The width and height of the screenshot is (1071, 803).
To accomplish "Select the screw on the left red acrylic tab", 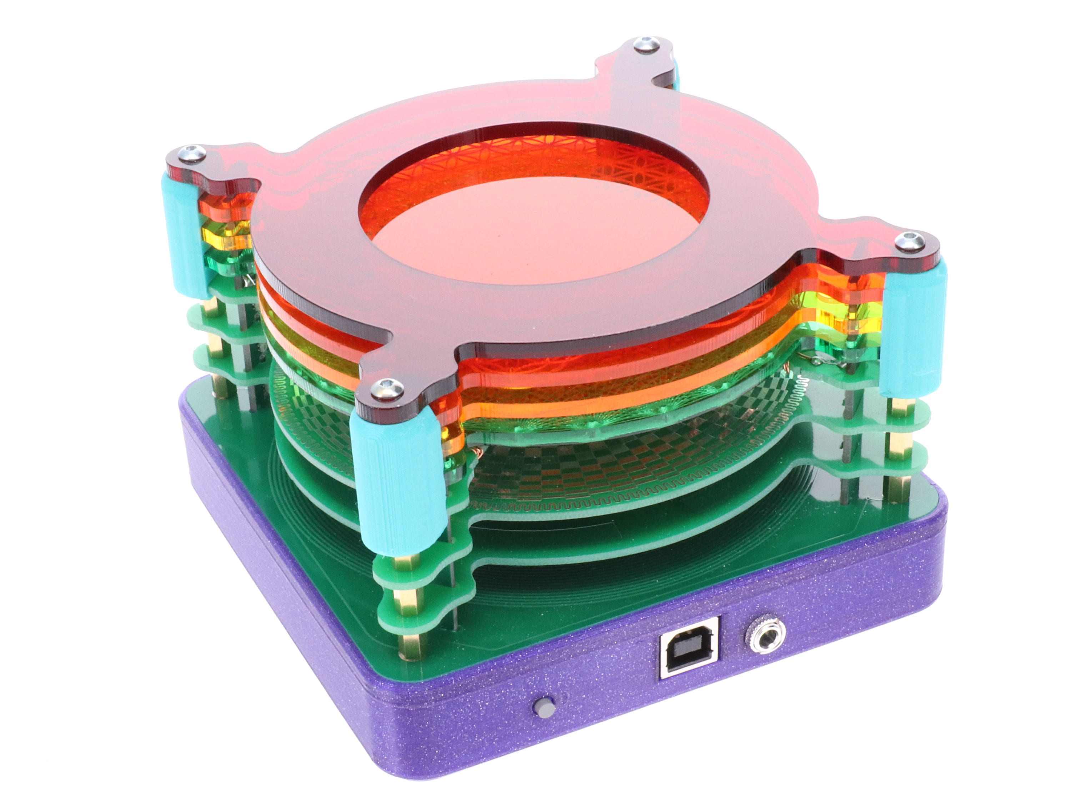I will pyautogui.click(x=192, y=152).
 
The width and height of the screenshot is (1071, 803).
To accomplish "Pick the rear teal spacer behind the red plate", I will pyautogui.click(x=673, y=72).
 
